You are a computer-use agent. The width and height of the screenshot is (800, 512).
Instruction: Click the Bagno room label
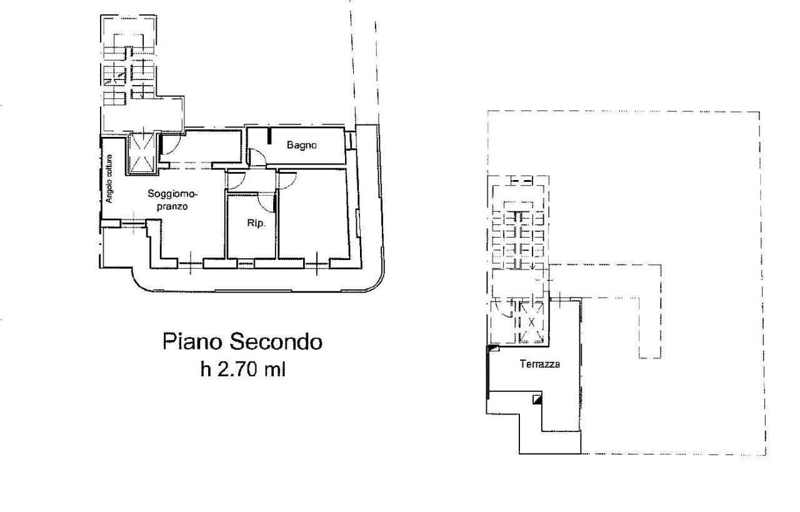[302, 146]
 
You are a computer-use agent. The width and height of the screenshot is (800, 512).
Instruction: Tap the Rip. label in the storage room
[253, 223]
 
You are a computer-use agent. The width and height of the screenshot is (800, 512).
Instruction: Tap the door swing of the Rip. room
[268, 203]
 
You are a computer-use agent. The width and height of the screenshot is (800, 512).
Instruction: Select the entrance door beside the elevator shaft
[169, 147]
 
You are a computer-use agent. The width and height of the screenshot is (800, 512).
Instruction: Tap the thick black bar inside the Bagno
[269, 136]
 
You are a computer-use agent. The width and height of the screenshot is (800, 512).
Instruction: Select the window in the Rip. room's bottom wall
[245, 263]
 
